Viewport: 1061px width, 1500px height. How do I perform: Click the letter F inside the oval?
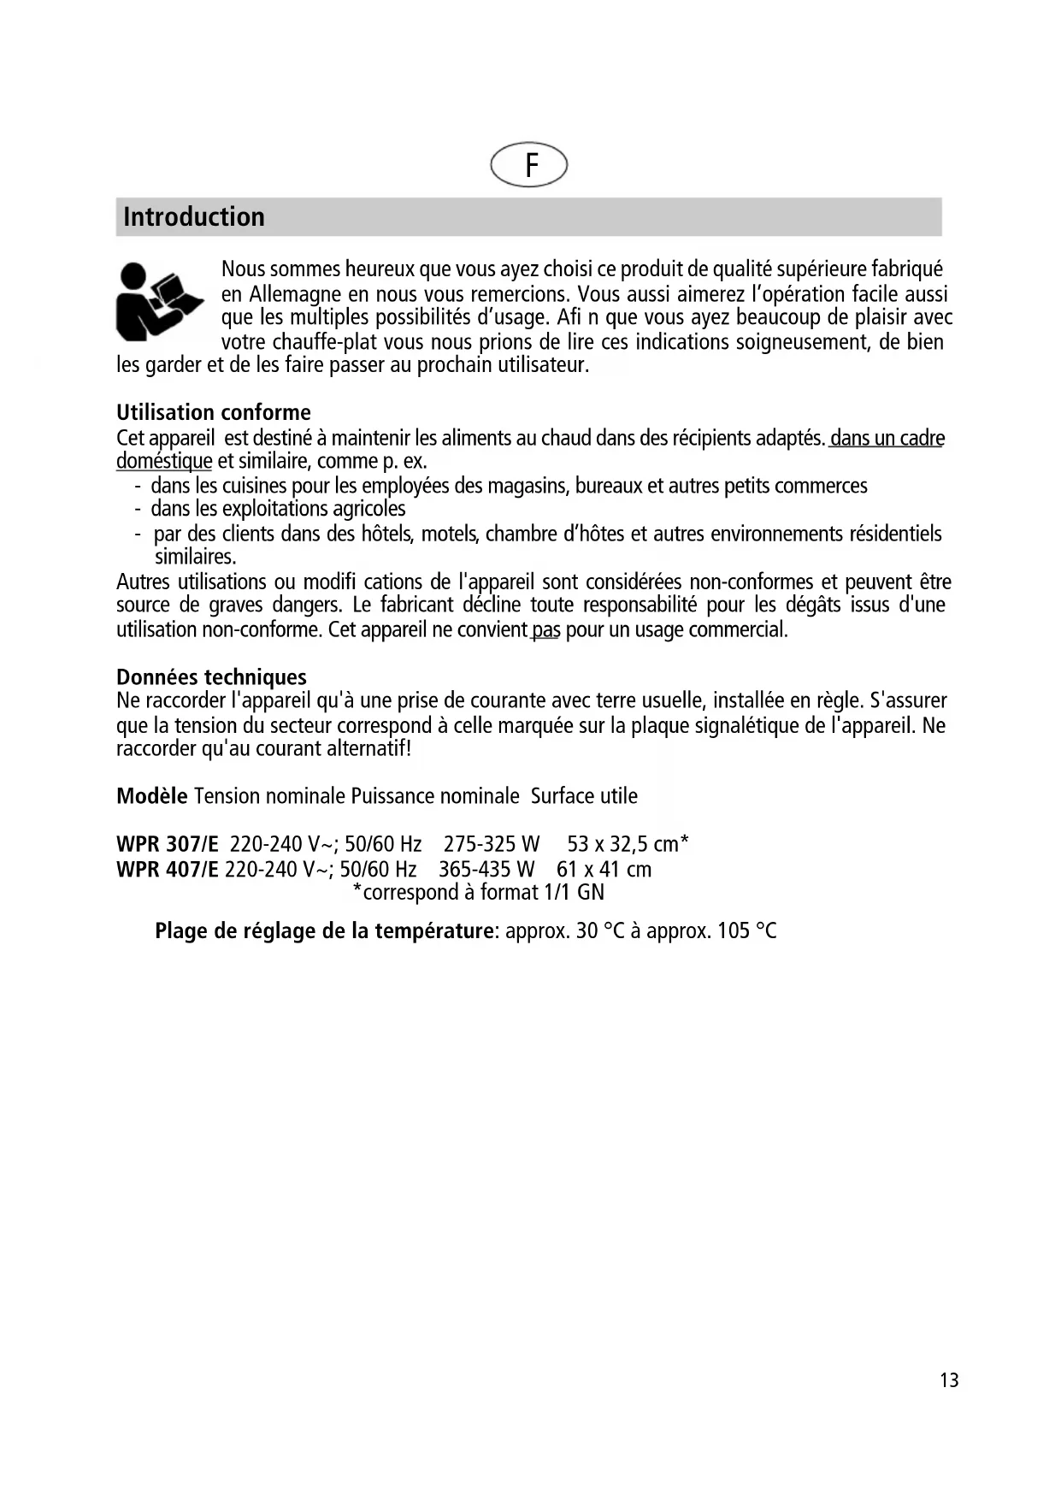point(531,165)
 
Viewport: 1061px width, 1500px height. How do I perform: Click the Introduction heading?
point(194,217)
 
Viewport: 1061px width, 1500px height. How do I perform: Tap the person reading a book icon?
point(159,301)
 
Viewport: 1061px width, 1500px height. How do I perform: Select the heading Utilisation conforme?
point(214,412)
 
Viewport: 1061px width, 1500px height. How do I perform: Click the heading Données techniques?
point(211,677)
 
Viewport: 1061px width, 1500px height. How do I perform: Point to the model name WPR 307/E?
point(168,845)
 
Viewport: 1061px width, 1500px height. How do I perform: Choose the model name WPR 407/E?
point(168,870)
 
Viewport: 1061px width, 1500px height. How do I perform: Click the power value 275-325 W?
point(492,845)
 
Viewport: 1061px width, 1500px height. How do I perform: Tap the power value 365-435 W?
point(486,870)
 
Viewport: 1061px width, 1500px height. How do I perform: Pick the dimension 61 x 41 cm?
point(604,870)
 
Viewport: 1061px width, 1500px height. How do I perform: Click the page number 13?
point(949,1380)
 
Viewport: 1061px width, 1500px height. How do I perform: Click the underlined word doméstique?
point(164,462)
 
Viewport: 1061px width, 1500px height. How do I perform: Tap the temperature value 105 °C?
point(746,931)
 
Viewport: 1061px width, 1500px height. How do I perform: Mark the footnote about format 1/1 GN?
point(479,893)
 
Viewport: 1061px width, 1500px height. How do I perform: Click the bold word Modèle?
point(151,796)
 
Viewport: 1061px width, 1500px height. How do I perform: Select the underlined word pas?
point(545,630)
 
